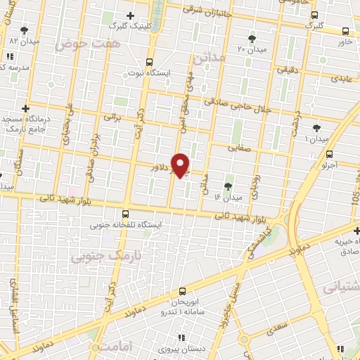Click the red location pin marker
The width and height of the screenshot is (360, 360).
pyautogui.click(x=181, y=165)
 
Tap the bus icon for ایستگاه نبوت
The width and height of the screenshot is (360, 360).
pyautogui.click(x=148, y=62)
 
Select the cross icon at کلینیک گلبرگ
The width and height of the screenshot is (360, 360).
pyautogui.click(x=129, y=15)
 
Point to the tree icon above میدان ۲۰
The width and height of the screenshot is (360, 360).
pyautogui.click(x=252, y=38)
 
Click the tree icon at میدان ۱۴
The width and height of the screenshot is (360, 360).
pyautogui.click(x=227, y=186)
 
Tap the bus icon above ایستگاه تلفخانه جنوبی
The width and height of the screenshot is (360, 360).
pyautogui.click(x=126, y=214)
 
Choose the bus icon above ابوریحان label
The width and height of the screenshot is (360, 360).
pyautogui.click(x=183, y=290)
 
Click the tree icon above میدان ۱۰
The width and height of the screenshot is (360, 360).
pyautogui.click(x=316, y=128)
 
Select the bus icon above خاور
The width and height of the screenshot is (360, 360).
pyautogui.click(x=345, y=32)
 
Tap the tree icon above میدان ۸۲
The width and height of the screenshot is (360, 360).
pyautogui.click(x=25, y=30)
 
